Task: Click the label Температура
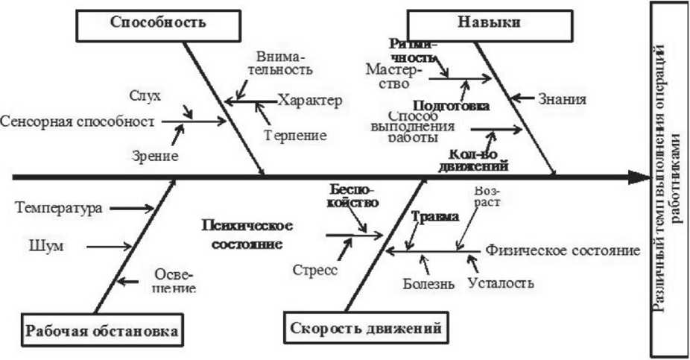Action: tap(58, 208)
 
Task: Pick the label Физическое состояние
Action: tap(563, 250)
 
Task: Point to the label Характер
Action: tap(310, 101)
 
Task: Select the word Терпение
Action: tap(296, 136)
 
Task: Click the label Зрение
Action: tap(156, 157)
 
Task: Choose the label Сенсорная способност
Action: tap(77, 121)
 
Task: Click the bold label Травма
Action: tap(435, 218)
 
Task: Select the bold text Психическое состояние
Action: tap(246, 234)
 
